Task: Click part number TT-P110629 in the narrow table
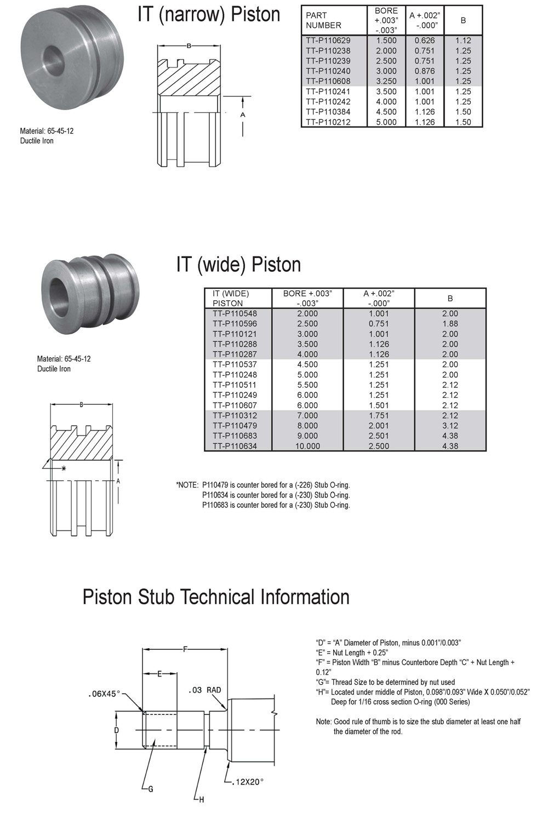click(328, 41)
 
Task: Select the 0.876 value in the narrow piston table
click(425, 71)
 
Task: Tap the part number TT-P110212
click(328, 122)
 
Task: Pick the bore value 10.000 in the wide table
click(307, 446)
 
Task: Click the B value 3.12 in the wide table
click(450, 426)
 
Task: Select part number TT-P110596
click(235, 324)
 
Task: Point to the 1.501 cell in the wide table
click(379, 405)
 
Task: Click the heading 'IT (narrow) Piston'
click(209, 15)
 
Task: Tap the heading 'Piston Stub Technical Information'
click(216, 597)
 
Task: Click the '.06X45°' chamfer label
click(104, 694)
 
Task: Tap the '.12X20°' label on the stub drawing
click(247, 782)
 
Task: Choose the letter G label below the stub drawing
click(151, 789)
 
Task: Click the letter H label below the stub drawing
click(202, 800)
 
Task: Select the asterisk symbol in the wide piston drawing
click(64, 468)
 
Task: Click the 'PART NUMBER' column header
click(323, 20)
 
